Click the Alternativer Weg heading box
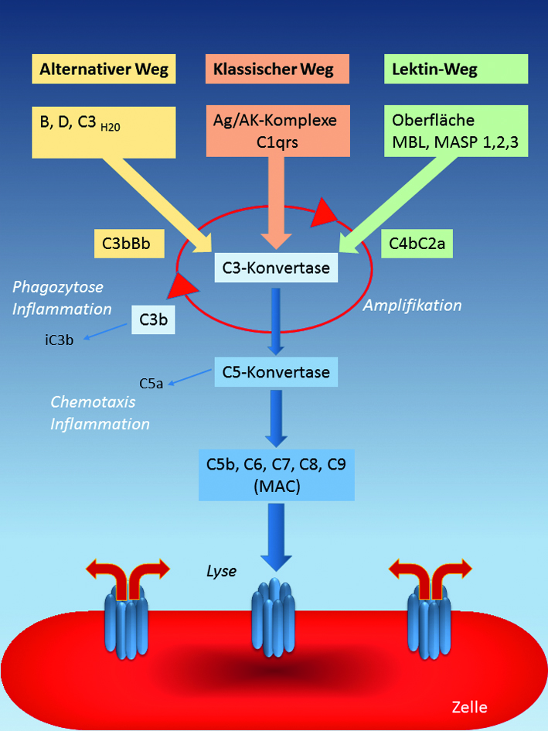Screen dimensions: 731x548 click(x=103, y=70)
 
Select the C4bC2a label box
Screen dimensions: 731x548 click(x=420, y=245)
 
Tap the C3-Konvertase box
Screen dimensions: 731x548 click(x=276, y=268)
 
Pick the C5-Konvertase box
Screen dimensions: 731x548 click(x=276, y=371)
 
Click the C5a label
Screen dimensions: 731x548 click(x=151, y=383)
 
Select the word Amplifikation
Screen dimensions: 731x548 click(x=412, y=306)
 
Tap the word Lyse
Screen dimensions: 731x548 click(x=221, y=571)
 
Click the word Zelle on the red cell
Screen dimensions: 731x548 click(x=471, y=706)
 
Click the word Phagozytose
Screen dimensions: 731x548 click(x=58, y=287)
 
